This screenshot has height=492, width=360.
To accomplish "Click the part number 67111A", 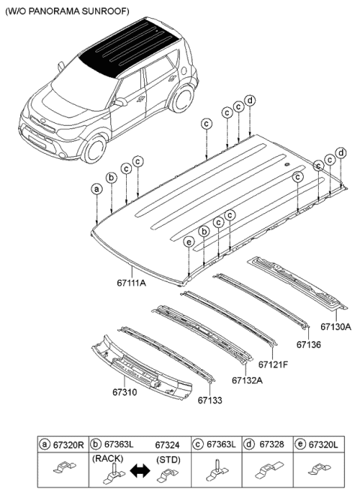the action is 131,283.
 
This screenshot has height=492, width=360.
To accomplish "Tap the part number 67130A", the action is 335,327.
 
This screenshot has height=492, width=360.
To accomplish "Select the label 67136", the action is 309,344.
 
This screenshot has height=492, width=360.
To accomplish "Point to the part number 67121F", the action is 273,364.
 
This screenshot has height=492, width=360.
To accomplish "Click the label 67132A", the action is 247,380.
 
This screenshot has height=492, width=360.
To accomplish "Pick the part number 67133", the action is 210,400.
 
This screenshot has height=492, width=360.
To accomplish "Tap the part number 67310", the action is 124,392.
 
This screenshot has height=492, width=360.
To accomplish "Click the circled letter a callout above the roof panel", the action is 97,189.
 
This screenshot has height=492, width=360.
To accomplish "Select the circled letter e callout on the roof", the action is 189,242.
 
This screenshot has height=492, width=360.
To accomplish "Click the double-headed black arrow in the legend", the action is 140,471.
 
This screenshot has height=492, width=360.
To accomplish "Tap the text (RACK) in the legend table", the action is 108,458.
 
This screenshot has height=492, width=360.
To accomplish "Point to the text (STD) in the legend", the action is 168,460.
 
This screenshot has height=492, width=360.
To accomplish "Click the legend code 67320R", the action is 68,444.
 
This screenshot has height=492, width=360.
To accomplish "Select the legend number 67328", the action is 271,444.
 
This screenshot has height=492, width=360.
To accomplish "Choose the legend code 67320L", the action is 323,444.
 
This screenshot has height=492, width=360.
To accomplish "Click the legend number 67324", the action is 167,445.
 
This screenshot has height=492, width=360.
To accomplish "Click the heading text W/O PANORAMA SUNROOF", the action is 67,11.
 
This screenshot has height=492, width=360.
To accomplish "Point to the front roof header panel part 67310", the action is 141,370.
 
